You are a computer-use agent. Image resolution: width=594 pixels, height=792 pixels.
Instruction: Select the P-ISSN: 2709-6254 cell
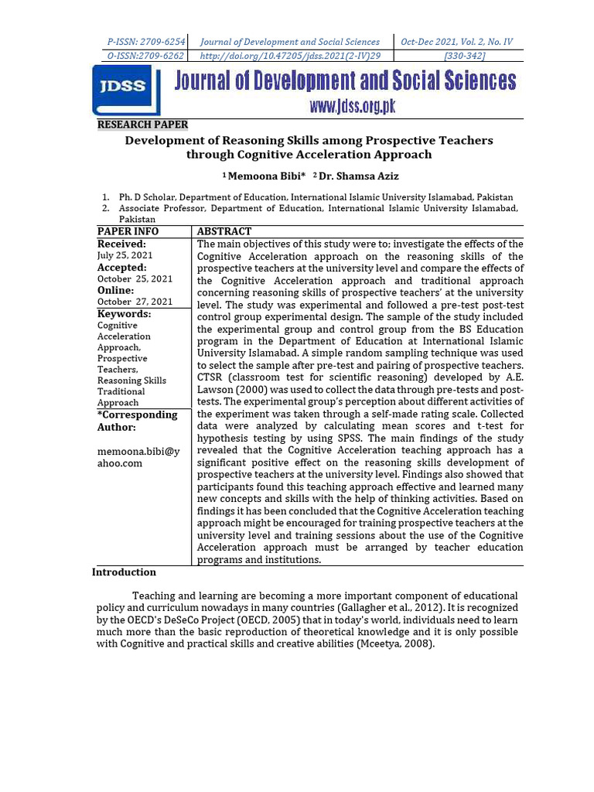tap(145, 42)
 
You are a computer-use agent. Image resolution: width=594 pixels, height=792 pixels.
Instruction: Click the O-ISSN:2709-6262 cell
tap(145, 56)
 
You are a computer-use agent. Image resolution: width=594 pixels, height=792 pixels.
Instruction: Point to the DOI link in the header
tap(290, 56)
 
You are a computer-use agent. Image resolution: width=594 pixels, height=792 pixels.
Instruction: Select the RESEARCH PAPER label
tap(142, 125)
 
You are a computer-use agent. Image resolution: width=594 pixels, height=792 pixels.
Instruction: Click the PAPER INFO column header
tap(128, 231)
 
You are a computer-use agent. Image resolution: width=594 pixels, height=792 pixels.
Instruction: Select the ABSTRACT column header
tap(224, 231)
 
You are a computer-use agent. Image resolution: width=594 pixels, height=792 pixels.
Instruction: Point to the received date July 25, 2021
tap(125, 255)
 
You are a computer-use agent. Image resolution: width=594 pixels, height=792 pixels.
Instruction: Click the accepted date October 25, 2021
tap(135, 278)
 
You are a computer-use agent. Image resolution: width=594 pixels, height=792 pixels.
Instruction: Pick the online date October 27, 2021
tap(135, 302)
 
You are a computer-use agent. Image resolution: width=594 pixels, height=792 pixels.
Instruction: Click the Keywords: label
tap(124, 314)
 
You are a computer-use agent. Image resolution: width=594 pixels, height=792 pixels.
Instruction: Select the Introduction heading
tap(124, 572)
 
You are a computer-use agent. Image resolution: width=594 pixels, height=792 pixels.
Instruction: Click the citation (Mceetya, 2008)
tap(395, 644)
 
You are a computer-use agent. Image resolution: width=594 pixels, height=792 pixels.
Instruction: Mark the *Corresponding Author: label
tap(137, 421)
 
